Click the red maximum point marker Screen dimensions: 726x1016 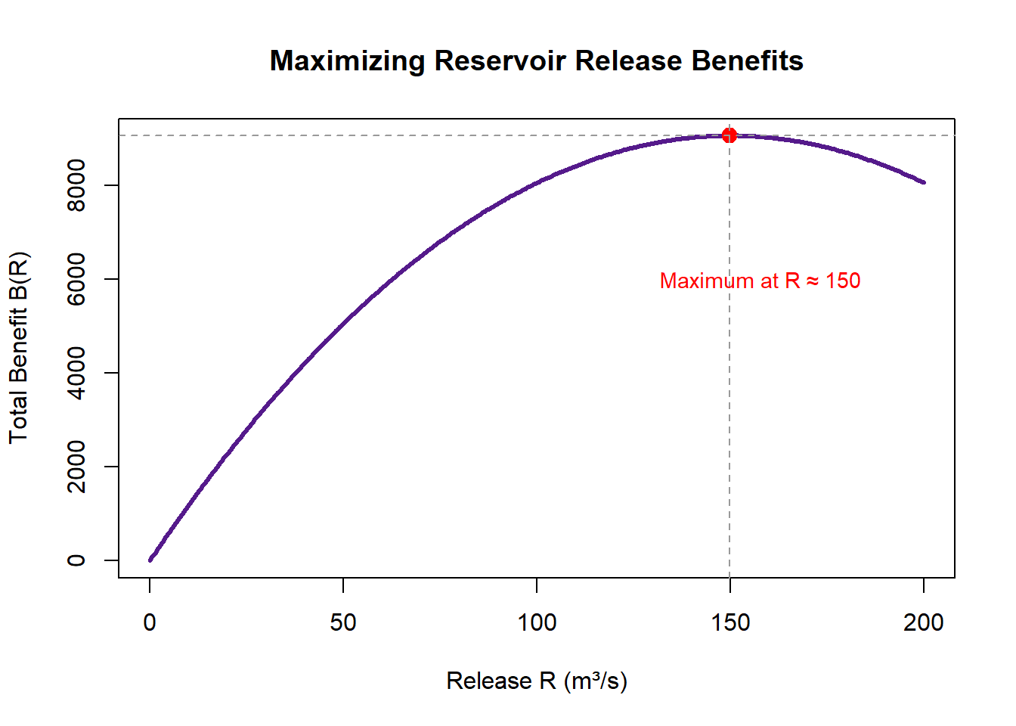tap(729, 135)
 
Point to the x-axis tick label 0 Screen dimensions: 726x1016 tap(150, 622)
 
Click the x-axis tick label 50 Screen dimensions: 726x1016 tap(343, 622)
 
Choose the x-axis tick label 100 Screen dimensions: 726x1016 tap(537, 622)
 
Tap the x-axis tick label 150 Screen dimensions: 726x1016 tap(730, 622)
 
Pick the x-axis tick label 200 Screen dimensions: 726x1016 tap(924, 622)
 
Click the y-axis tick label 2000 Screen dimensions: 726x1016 tap(76, 467)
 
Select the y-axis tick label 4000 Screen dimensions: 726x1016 tap(76, 373)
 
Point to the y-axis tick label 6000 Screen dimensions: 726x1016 tap(76, 279)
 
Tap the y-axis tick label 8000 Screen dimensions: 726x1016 tap(76, 185)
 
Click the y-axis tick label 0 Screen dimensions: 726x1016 tap(76, 560)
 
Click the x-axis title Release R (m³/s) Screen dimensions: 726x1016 tap(537, 681)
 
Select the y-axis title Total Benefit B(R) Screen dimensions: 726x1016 tap(19, 347)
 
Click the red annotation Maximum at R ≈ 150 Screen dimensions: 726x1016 tap(760, 281)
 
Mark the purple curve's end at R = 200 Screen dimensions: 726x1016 tap(923, 182)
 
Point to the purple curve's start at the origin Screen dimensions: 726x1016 tap(150, 560)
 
